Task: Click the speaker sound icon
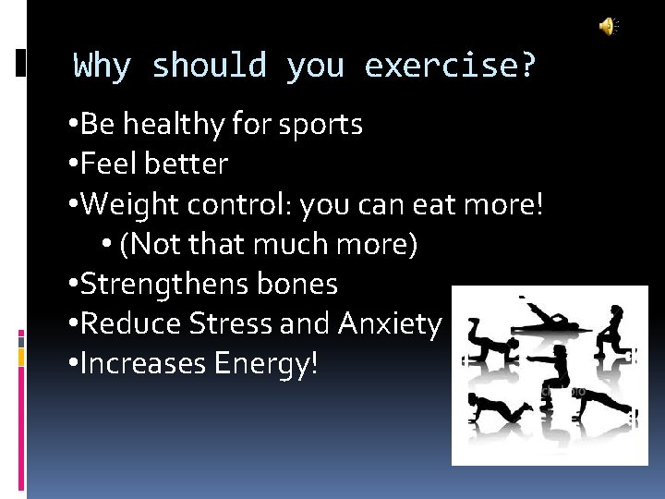tap(608, 27)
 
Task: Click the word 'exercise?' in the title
tap(450, 67)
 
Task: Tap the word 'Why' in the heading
tap(103, 67)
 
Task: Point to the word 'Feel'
tap(107, 164)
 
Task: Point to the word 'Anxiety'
tap(390, 324)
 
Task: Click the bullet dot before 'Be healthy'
tap(73, 125)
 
